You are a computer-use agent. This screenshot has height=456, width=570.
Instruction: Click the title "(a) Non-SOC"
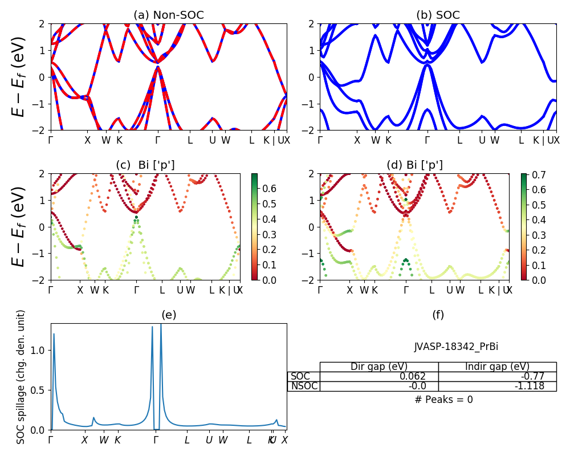pyautogui.click(x=169, y=15)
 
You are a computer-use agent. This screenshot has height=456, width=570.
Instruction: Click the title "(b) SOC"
pyautogui.click(x=438, y=15)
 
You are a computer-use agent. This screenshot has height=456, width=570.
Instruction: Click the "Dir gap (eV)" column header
pyautogui.click(x=378, y=367)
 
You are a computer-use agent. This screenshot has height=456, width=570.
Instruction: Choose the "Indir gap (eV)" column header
pyautogui.click(x=497, y=367)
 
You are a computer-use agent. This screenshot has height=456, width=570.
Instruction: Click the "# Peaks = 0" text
pyautogui.click(x=443, y=400)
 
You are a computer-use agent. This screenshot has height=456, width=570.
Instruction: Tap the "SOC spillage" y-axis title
pyautogui.click(x=21, y=377)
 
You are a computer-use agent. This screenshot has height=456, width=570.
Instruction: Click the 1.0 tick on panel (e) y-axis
pyautogui.click(x=38, y=351)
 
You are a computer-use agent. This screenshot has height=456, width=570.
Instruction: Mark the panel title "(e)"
pyautogui.click(x=169, y=315)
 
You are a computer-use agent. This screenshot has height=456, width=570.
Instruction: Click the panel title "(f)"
pyautogui.click(x=438, y=315)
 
